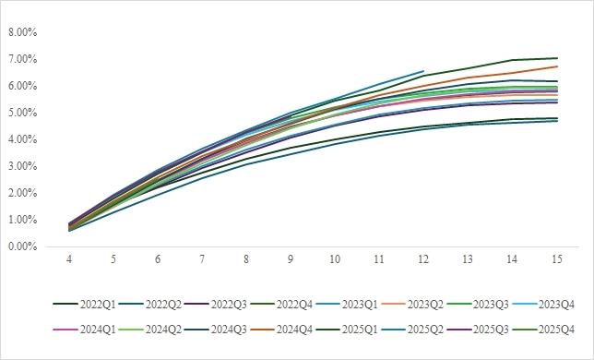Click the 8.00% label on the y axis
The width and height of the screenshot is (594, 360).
click(x=23, y=32)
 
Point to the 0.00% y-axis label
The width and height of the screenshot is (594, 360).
click(x=23, y=246)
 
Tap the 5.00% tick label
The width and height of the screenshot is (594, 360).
click(x=23, y=113)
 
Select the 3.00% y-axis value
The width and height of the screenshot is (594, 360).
click(x=23, y=166)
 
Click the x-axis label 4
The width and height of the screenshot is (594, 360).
click(x=69, y=259)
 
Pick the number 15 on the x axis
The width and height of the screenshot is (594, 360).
click(x=557, y=259)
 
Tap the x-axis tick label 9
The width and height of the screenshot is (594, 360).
click(x=291, y=259)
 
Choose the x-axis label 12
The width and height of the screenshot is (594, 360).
click(x=423, y=259)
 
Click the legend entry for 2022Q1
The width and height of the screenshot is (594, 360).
click(x=84, y=305)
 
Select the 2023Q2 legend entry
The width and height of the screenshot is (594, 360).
click(x=411, y=305)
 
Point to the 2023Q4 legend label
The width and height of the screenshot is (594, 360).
click(x=543, y=305)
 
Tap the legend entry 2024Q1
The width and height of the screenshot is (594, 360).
click(x=84, y=330)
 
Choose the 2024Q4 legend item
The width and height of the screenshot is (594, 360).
click(x=280, y=330)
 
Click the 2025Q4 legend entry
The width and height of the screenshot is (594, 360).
click(x=543, y=330)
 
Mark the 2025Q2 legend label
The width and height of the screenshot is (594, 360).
click(x=411, y=330)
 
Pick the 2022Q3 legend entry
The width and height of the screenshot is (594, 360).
click(x=215, y=305)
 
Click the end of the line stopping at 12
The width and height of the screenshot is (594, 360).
click(x=423, y=71)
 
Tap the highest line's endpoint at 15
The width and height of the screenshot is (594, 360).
click(x=557, y=58)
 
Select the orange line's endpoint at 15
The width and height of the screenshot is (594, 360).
click(x=557, y=66)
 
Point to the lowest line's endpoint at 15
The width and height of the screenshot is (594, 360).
click(x=557, y=121)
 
